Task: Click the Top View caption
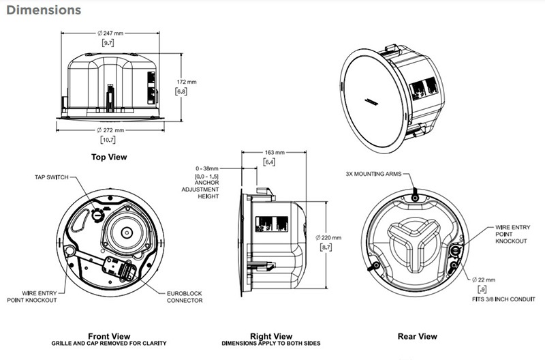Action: [109, 157]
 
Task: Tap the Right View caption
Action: [271, 335]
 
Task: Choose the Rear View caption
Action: [417, 335]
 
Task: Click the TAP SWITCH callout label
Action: [52, 178]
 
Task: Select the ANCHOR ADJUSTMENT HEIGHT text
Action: [205, 189]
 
